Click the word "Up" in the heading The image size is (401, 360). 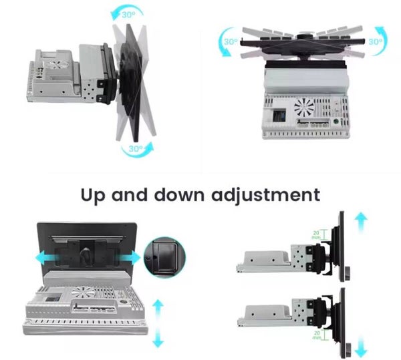point(93,196)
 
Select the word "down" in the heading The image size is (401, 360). point(179,194)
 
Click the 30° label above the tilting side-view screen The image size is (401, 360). point(128,14)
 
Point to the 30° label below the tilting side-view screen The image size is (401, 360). point(136,148)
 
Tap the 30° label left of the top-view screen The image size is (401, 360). point(231,41)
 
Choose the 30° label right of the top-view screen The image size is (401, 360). point(376,41)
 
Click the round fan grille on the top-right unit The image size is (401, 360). point(304,107)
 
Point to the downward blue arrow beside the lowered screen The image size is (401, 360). point(361,347)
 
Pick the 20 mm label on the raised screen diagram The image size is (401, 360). point(316,235)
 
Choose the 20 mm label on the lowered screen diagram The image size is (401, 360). point(317,335)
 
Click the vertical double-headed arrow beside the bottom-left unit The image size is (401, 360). point(158,323)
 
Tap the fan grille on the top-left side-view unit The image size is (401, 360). point(57,65)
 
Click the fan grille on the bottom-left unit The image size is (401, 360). point(82,292)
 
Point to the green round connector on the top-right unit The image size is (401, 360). point(336,122)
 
